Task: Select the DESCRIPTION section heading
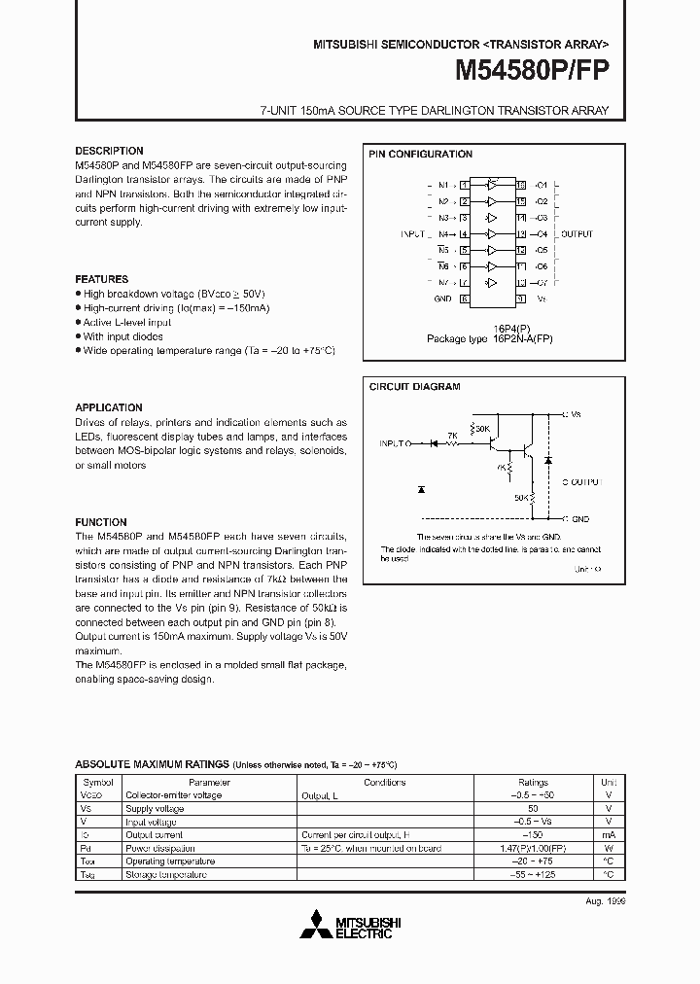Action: [109, 151]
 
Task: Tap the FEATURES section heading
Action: [102, 279]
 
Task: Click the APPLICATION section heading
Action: [109, 407]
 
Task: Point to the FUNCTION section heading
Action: [101, 522]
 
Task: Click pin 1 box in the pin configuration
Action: [466, 185]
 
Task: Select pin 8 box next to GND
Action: [466, 299]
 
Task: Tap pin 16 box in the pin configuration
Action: [521, 185]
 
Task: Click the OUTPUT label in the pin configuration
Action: [577, 234]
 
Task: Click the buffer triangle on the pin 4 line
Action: [493, 234]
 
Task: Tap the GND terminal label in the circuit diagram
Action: [580, 519]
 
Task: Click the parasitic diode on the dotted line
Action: [420, 487]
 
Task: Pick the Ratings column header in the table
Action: [533, 782]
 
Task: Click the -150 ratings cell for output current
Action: [533, 834]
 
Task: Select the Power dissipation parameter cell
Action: [160, 848]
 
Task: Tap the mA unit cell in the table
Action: [609, 834]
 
